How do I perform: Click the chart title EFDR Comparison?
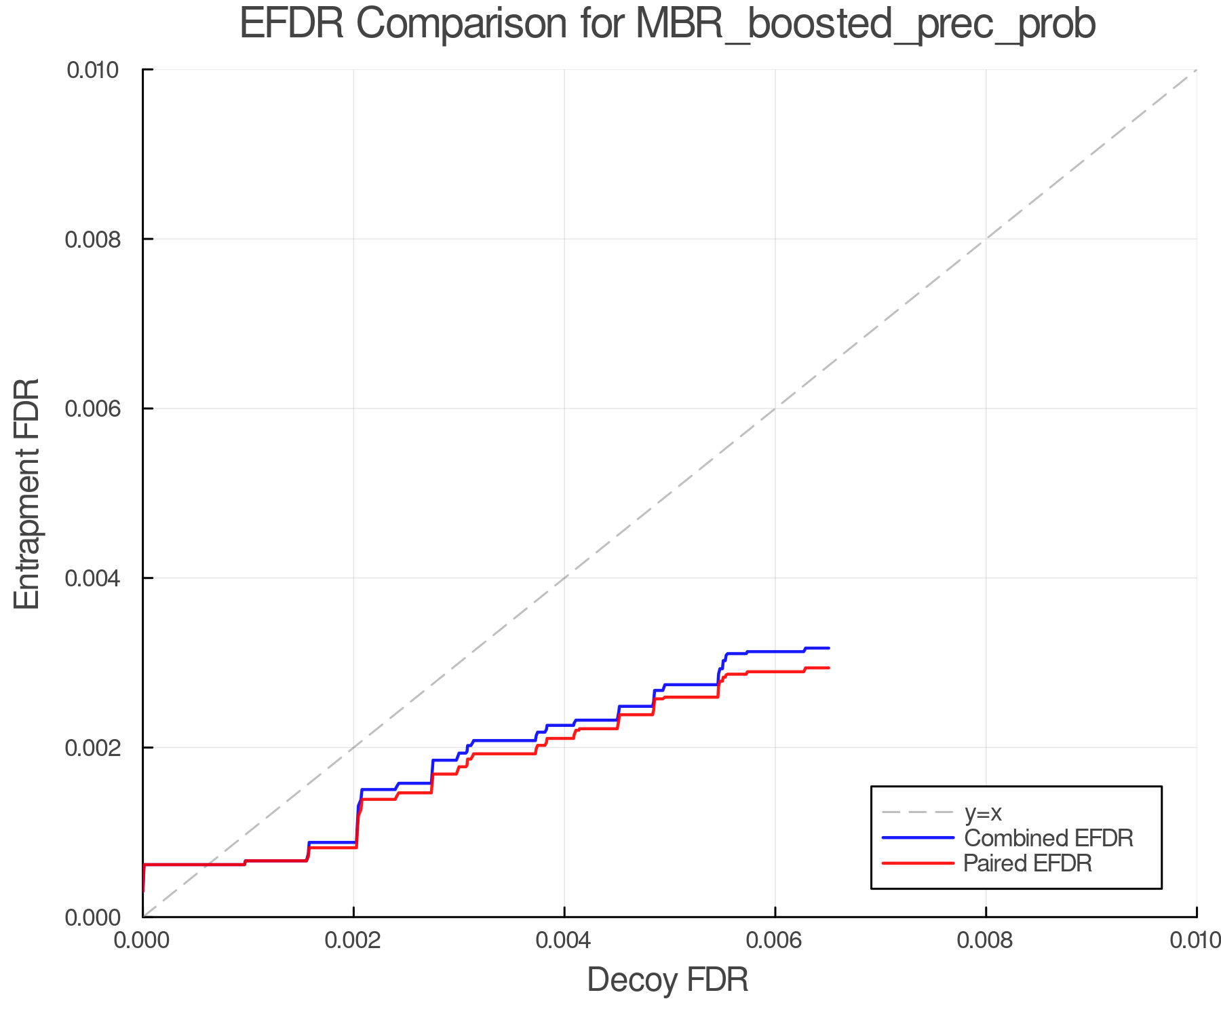[667, 24]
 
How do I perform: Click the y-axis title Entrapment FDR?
[27, 493]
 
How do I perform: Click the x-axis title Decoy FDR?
[667, 979]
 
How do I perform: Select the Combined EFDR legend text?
[1048, 838]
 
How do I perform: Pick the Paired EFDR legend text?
[1028, 863]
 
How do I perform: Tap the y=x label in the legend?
[983, 812]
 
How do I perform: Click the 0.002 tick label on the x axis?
[353, 940]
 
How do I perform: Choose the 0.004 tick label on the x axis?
[564, 940]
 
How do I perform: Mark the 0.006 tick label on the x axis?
[775, 940]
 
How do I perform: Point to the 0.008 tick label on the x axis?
[986, 940]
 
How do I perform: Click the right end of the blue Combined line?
[828, 648]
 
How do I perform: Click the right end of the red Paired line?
[828, 668]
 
